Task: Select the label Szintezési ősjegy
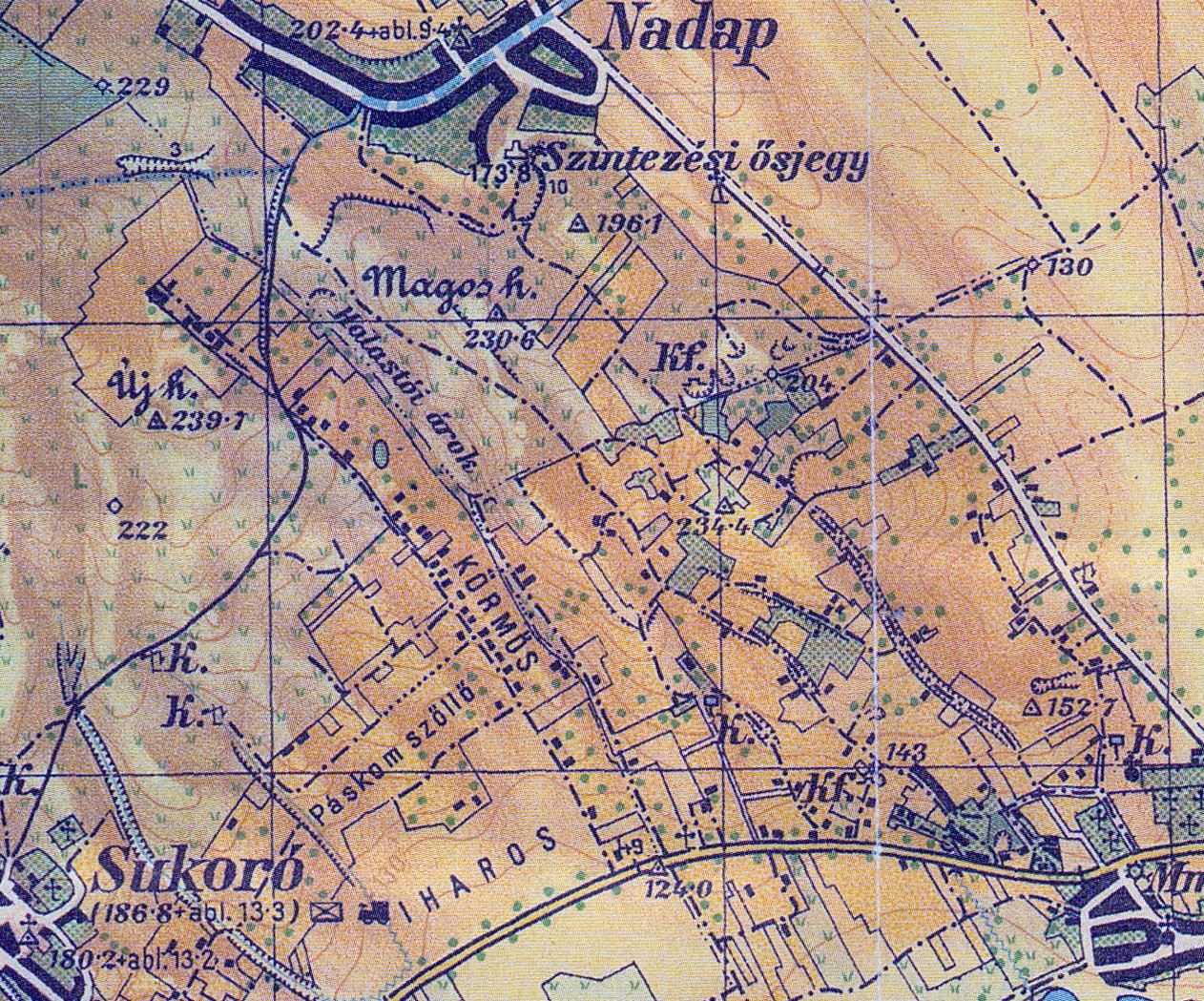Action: pos(704,162)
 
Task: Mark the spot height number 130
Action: pos(1069,266)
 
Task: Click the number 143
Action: pos(905,753)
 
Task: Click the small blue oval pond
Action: pos(382,452)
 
